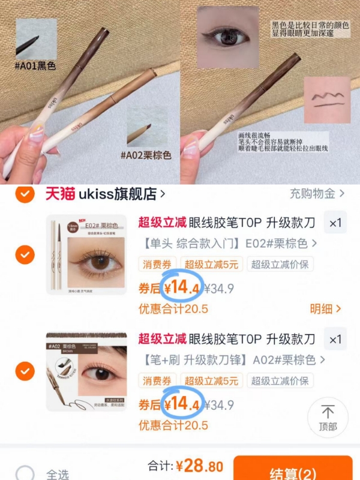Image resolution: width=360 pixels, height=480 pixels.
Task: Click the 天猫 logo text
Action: coord(61,194)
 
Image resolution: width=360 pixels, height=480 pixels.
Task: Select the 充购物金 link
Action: coord(317,194)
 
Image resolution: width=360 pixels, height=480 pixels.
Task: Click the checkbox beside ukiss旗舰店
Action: coord(25,194)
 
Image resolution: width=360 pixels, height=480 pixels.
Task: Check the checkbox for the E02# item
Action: coord(25,255)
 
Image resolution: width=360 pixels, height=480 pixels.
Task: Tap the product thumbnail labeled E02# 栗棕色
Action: coord(86,254)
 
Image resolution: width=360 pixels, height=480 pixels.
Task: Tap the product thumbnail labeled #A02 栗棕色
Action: coord(86,371)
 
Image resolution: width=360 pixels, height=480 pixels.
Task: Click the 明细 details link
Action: coord(325,309)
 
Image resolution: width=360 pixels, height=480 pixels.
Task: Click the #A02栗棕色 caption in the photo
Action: coord(145,155)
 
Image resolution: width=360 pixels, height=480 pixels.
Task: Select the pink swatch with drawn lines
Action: coord(326,100)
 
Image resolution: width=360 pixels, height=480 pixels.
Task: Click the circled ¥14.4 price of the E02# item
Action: coord(181,288)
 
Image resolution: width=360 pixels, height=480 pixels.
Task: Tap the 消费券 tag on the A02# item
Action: coord(157,380)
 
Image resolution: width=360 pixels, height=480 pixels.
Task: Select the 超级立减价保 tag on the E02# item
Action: coord(280,265)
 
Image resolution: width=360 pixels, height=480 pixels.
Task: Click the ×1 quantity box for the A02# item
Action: coord(335,340)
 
